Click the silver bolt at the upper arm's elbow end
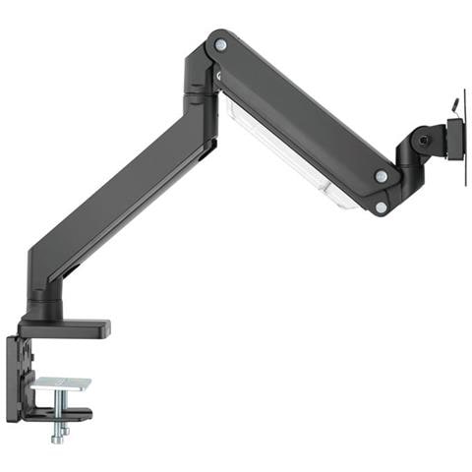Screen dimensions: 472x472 point(220,45)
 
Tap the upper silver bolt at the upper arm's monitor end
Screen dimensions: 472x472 point(381,176)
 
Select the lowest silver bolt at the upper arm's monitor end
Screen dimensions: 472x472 point(380,206)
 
